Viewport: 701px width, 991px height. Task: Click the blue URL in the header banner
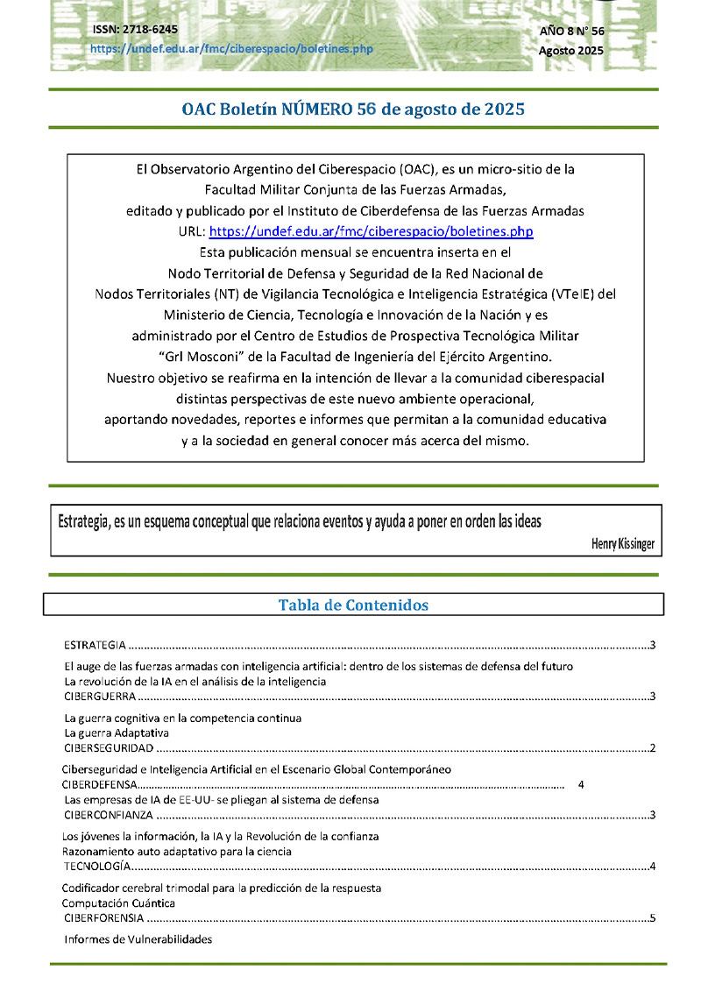pos(231,48)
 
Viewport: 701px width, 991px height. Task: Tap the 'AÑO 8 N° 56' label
pos(571,31)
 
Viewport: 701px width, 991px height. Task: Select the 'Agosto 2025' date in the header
pos(570,50)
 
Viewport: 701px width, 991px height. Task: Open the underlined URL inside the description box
pos(371,232)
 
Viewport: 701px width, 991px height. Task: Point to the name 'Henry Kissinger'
pos(622,544)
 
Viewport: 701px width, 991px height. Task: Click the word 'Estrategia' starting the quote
pos(83,521)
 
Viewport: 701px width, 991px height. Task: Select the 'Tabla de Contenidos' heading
pos(353,605)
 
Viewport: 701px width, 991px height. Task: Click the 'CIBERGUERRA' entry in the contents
pos(100,697)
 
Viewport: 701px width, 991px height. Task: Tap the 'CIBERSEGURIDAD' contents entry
pos(109,748)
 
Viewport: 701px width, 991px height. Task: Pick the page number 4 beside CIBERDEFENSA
pos(581,784)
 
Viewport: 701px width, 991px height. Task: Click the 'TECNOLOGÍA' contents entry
pos(97,867)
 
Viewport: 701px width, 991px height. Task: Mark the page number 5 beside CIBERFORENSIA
pos(653,918)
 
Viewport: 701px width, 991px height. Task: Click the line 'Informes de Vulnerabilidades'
pos(138,939)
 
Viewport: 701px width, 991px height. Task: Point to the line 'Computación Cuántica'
pos(118,903)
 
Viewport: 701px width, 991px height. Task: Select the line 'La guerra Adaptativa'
pos(117,733)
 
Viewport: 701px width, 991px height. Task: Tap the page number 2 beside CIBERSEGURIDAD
pos(654,748)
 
